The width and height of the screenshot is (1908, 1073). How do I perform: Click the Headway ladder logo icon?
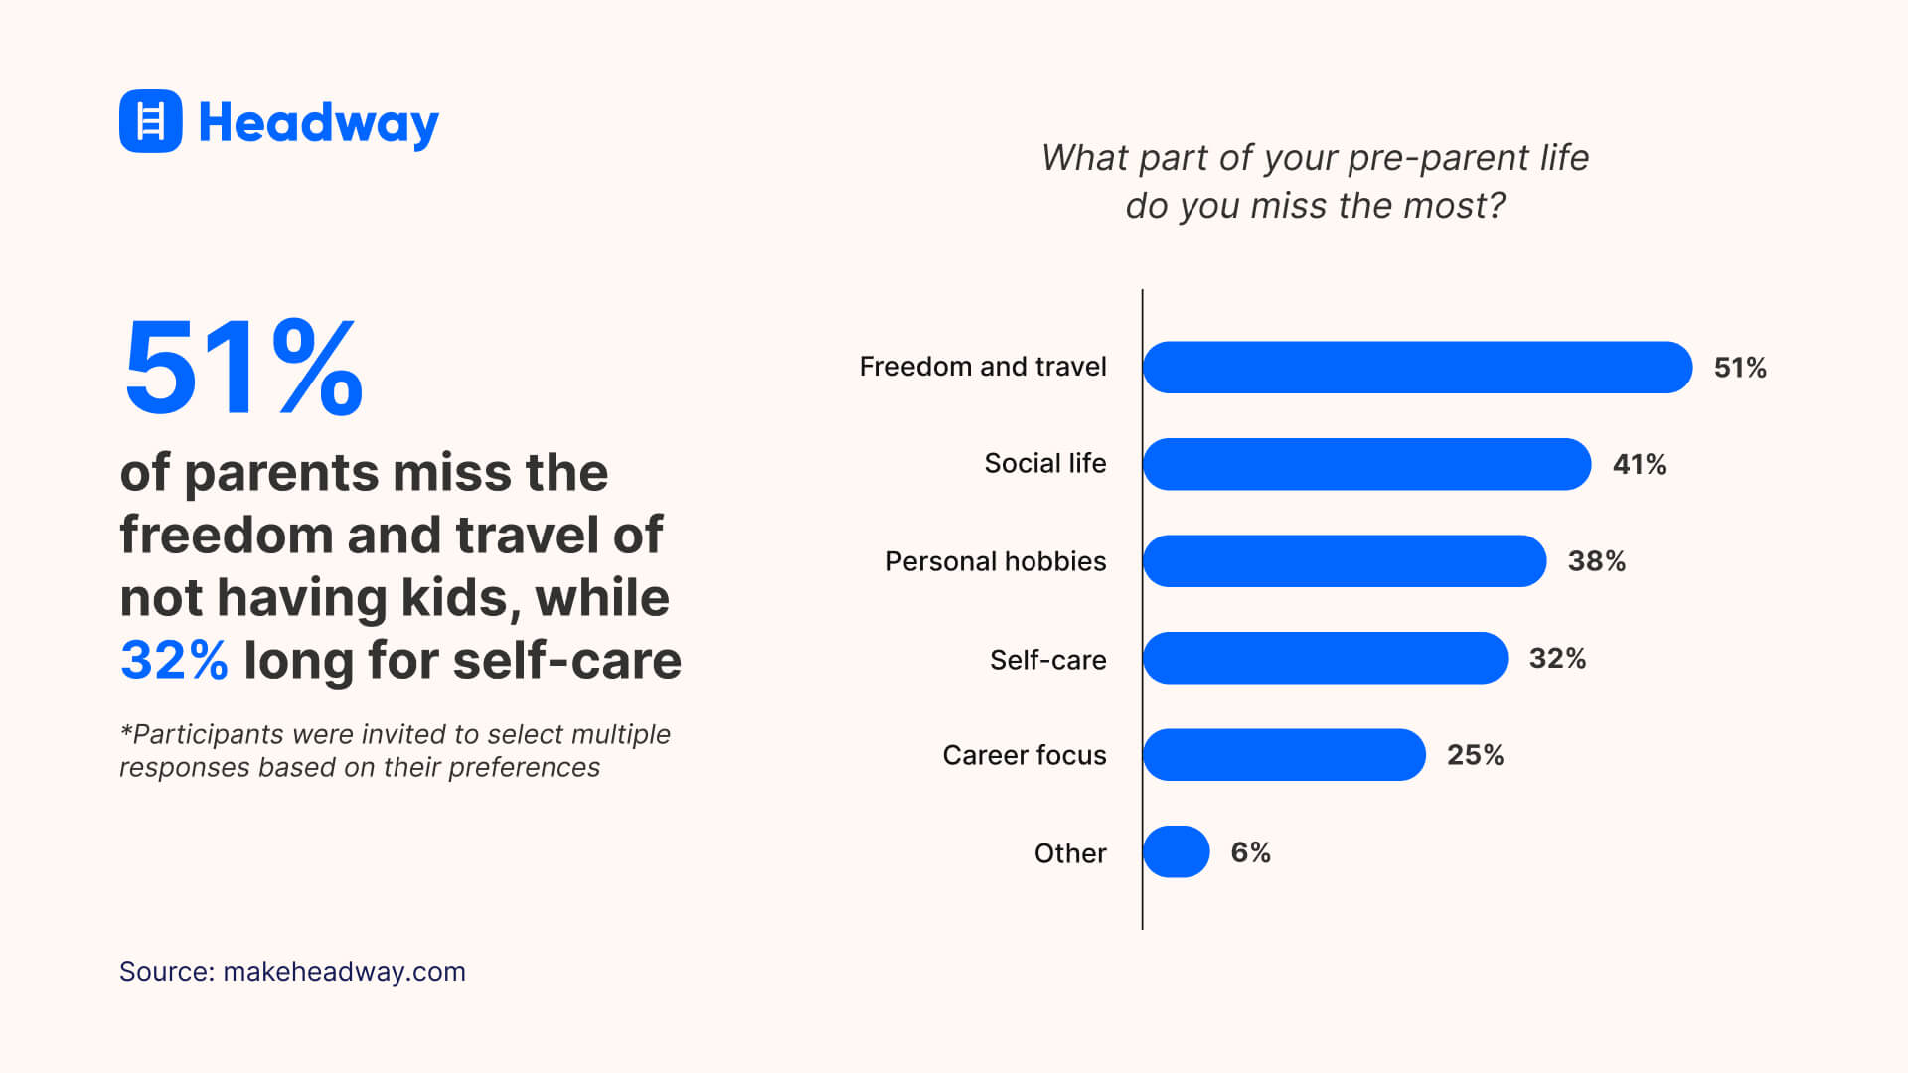pos(150,121)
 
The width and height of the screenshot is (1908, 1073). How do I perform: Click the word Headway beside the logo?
pos(318,123)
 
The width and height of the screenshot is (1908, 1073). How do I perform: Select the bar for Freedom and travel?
pos(1416,368)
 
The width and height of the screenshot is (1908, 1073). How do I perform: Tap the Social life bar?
pos(1366,464)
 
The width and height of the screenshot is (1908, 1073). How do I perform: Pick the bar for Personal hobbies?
pos(1344,561)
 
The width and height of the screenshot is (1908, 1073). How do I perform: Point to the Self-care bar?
pos(1325,658)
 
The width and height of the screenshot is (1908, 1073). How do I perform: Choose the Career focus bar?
pos(1284,755)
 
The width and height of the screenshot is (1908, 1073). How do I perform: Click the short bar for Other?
pos(1176,852)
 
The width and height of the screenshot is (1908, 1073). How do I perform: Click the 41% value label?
pos(1639,464)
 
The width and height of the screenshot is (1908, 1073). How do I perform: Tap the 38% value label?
pos(1596,561)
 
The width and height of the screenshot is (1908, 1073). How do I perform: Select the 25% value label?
pos(1475,755)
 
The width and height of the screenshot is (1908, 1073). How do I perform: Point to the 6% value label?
pos(1250,852)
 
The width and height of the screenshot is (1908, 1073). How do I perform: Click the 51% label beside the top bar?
pos(1740,368)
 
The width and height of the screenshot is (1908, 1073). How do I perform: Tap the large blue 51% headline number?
pos(243,368)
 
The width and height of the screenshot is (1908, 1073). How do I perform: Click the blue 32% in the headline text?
pos(174,660)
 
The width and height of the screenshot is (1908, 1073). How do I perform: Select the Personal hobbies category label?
pos(995,561)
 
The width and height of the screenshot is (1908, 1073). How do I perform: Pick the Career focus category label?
pos(1024,755)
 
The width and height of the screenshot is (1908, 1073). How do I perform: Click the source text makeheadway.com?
pos(344,971)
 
